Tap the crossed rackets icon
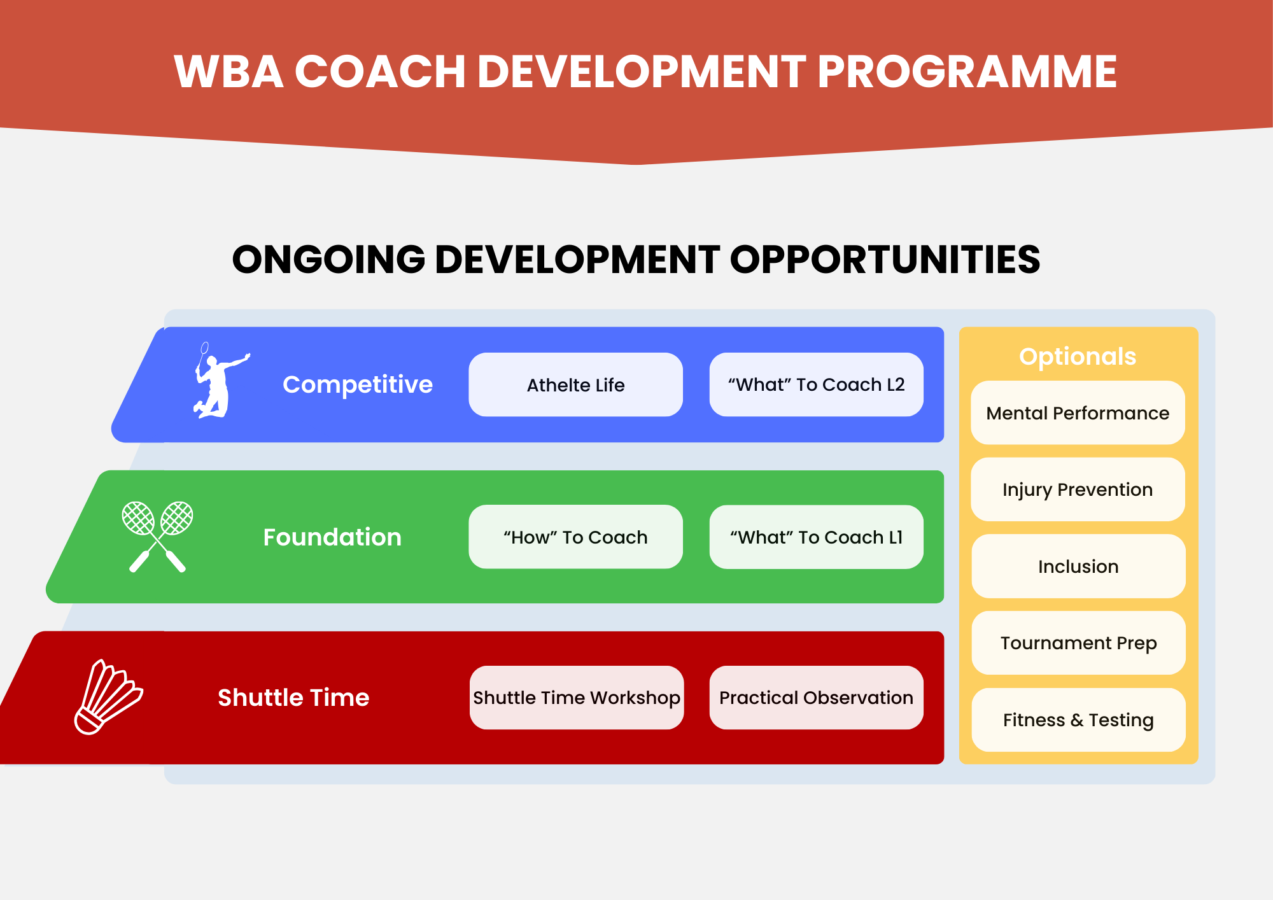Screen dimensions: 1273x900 (157, 537)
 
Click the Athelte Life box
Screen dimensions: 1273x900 (575, 384)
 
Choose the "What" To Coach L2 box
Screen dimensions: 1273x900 (816, 384)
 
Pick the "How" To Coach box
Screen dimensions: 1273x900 (575, 537)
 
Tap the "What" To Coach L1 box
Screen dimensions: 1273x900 (816, 537)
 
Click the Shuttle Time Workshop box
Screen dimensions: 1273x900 (577, 698)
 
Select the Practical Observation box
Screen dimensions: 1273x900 (816, 698)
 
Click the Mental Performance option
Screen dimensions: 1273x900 (1078, 412)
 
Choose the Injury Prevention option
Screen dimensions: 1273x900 (1078, 489)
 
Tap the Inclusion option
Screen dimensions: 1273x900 (1078, 566)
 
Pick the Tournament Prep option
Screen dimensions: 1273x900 (1078, 643)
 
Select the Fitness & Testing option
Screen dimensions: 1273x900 (1078, 720)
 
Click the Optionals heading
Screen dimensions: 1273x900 (1078, 357)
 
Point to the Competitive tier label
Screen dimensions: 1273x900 (358, 385)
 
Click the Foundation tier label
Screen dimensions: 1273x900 (332, 537)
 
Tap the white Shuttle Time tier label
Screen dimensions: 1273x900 (293, 698)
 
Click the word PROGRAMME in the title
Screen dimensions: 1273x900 (967, 71)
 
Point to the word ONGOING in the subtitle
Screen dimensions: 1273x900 (328, 260)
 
